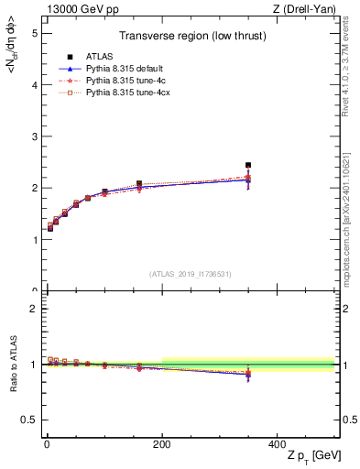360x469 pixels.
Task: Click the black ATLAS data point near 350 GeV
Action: [x=247, y=166]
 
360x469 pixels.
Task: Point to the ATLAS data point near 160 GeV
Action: [x=139, y=183]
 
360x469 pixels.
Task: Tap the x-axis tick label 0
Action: [x=46, y=444]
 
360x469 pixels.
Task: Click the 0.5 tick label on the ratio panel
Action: [x=29, y=420]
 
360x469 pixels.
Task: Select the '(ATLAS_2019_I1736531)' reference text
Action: [x=190, y=274]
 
